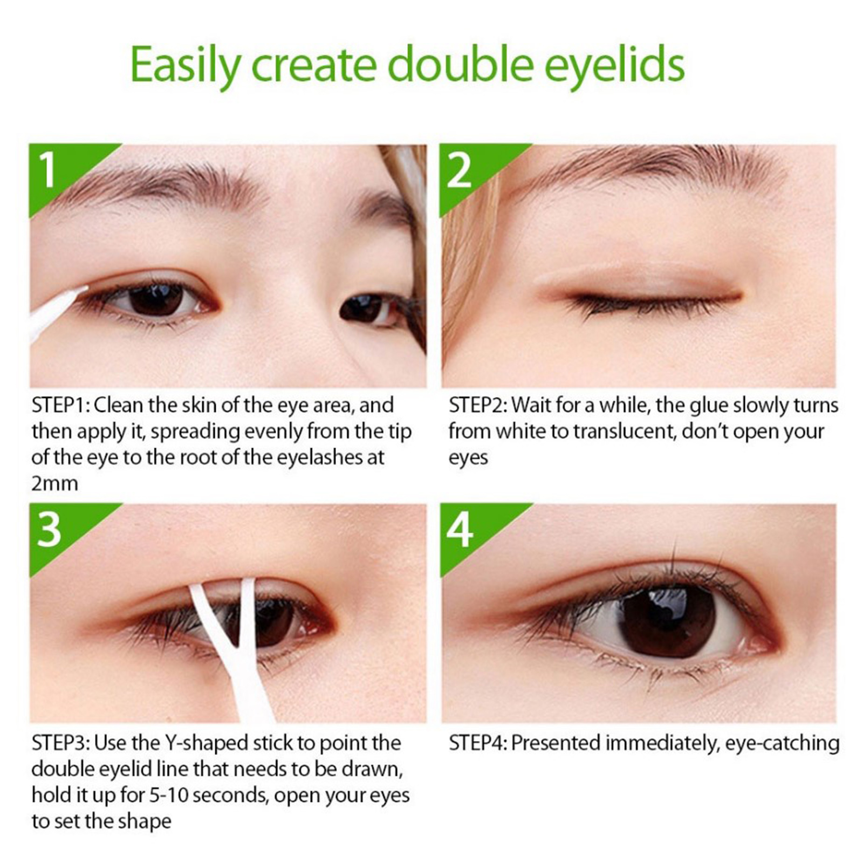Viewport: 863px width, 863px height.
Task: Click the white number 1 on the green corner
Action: [x=48, y=169]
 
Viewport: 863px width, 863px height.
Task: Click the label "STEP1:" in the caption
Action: [x=60, y=405]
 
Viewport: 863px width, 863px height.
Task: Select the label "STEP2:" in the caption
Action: [x=477, y=405]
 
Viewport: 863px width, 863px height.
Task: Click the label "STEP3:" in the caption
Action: [x=60, y=743]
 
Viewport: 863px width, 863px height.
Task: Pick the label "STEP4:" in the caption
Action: [x=478, y=743]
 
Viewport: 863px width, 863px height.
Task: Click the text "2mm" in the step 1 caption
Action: [x=54, y=484]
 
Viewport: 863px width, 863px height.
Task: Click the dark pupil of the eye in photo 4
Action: [x=668, y=620]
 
